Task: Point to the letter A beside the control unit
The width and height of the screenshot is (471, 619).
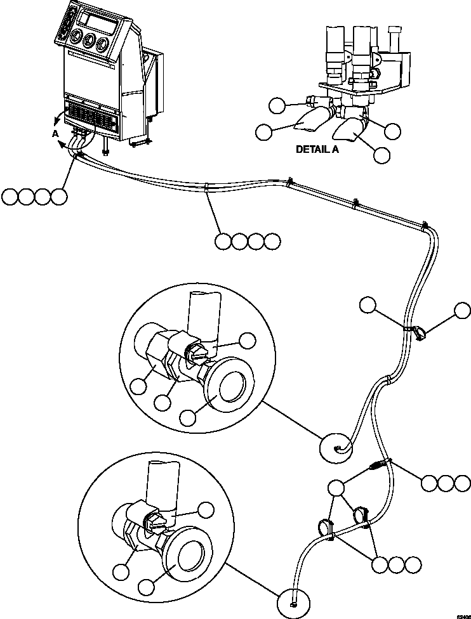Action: (55, 134)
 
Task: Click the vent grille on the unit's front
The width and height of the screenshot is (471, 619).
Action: (91, 116)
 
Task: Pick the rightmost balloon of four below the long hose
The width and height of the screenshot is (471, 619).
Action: (272, 241)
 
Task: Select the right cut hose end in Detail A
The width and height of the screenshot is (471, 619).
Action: (347, 131)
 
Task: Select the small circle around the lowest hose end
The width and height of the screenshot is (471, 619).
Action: (293, 597)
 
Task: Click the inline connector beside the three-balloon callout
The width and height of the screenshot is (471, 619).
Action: (377, 467)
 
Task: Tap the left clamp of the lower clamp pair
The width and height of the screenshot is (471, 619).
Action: (325, 527)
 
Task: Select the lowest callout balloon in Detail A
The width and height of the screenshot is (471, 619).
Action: (381, 155)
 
